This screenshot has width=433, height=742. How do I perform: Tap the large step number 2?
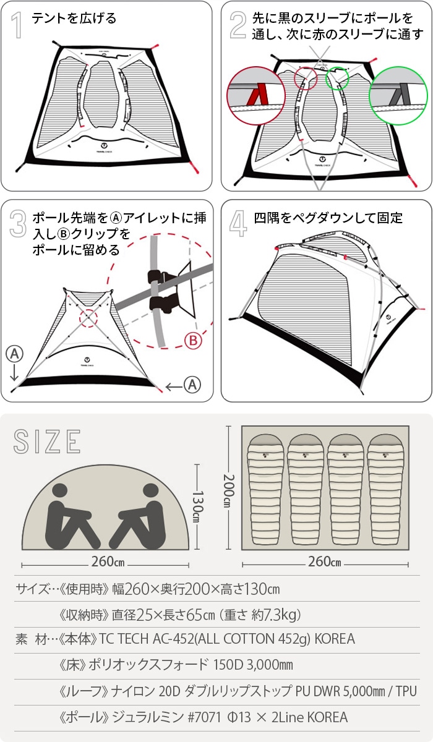click(x=238, y=25)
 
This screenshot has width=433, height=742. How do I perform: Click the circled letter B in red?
click(x=194, y=340)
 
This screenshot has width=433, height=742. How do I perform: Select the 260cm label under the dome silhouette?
click(x=106, y=563)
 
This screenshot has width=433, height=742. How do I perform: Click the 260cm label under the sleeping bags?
click(x=325, y=563)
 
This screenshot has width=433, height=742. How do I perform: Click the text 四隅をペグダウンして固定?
click(x=328, y=218)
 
